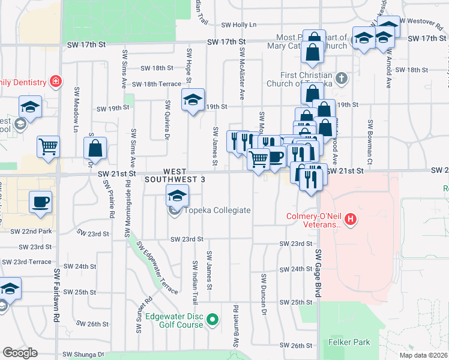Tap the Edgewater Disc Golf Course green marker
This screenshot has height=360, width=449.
pos(212,320)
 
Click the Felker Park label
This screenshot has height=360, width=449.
pos(349,342)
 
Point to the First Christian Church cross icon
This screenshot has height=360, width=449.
pos(341,78)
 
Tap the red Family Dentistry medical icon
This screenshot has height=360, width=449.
pos(55,81)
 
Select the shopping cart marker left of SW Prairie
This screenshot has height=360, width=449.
pos(49,146)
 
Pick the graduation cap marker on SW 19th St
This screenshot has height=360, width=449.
pos(193,99)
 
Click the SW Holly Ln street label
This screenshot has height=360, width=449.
pos(238,25)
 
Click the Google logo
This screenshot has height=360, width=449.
pos(20,353)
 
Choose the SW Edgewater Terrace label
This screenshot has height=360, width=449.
pos(157,267)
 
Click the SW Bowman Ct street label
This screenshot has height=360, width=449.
pos(370,133)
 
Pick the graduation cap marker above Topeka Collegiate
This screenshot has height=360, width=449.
pos(177,196)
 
